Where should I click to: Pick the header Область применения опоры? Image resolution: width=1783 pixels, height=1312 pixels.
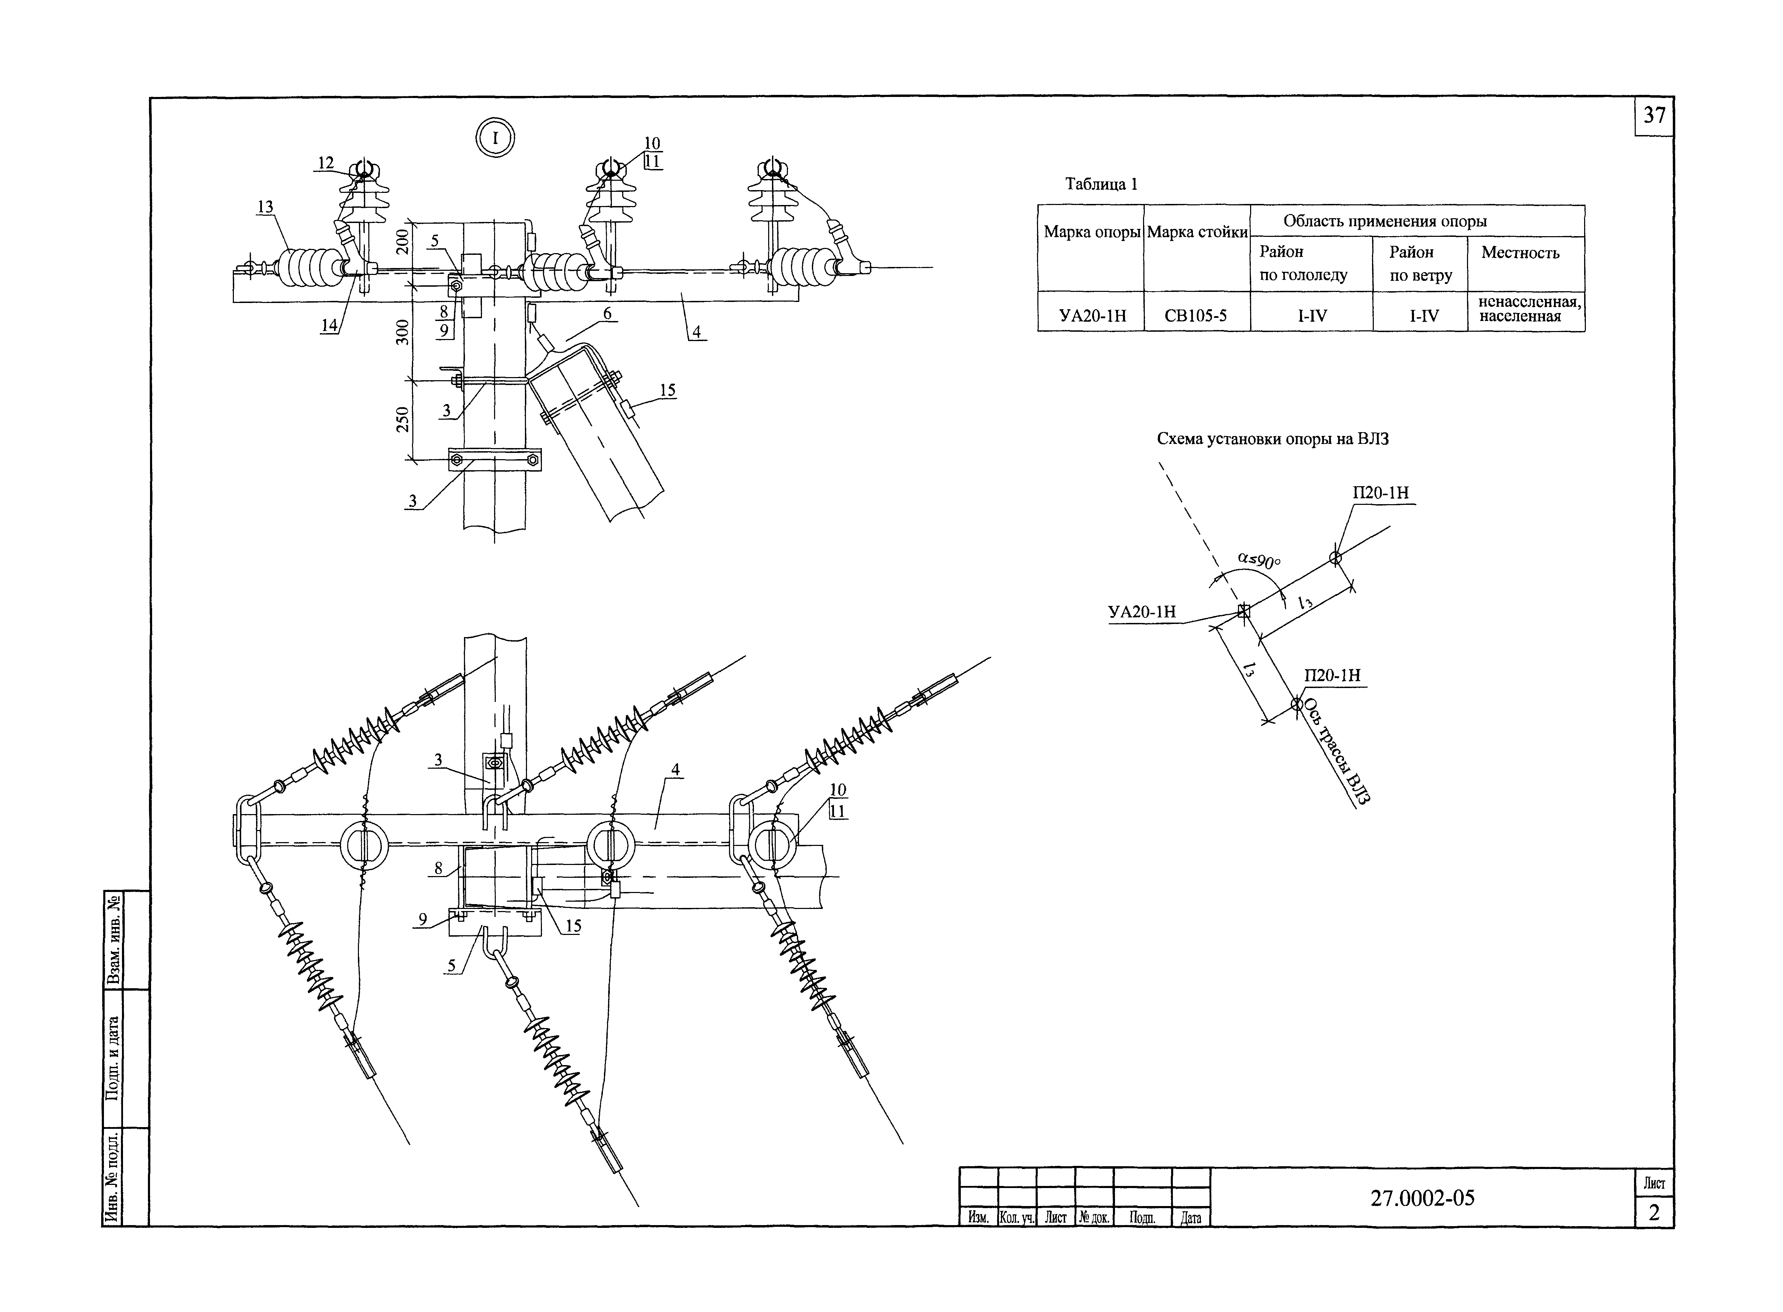point(1385,222)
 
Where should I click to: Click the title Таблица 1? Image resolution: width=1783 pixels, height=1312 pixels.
point(1101,184)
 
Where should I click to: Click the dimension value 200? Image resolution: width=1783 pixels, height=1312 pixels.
point(403,241)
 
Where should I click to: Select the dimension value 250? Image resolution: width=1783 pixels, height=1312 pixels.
point(403,419)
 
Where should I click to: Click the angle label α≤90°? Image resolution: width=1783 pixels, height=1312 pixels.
point(1259,561)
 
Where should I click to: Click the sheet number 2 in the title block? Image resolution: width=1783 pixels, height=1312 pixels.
point(1654,1213)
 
